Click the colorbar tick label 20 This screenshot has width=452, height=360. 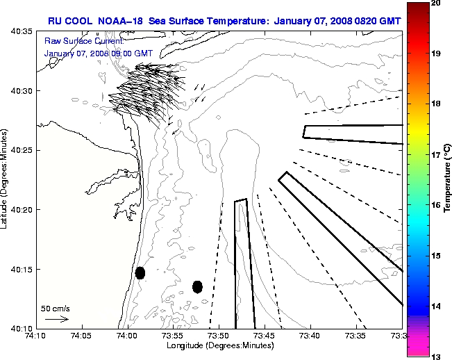(x=437, y=3)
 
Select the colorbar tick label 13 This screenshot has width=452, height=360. (x=437, y=356)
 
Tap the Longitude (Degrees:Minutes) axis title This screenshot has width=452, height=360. (x=219, y=345)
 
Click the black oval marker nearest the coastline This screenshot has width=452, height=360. (x=140, y=272)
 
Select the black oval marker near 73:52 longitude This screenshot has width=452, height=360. (x=197, y=286)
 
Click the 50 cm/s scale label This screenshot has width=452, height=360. (x=56, y=308)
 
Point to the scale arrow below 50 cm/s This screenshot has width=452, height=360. (x=56, y=319)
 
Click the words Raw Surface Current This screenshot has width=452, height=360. (x=78, y=41)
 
